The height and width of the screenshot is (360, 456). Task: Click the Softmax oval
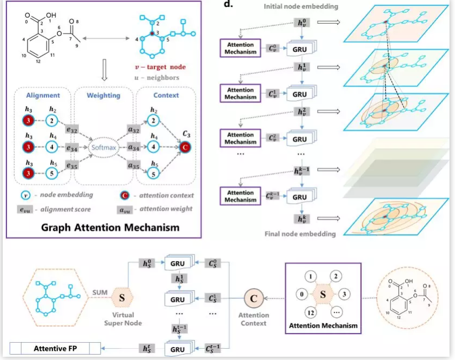103,146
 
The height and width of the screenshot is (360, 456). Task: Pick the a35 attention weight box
133,164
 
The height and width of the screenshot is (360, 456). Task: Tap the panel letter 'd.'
228,5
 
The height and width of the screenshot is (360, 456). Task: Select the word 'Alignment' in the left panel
42,95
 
